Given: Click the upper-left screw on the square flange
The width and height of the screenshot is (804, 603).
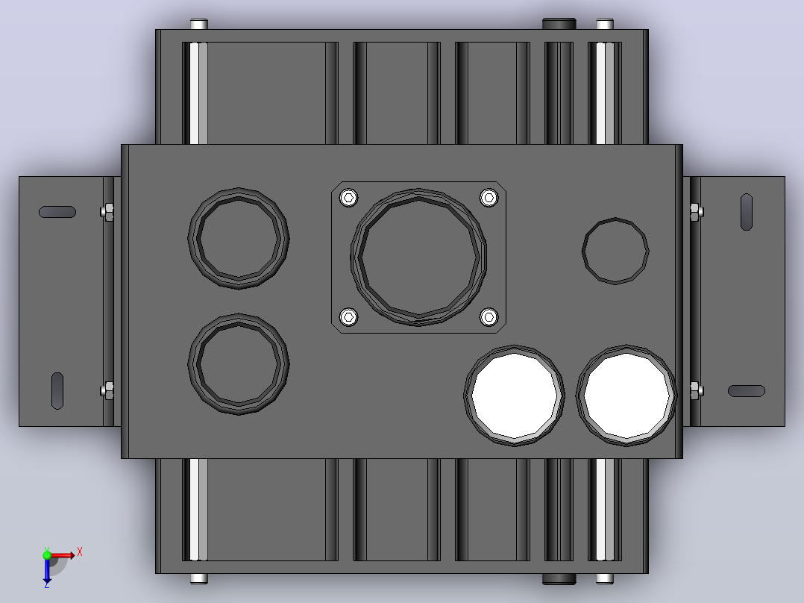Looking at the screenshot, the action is [x=349, y=198].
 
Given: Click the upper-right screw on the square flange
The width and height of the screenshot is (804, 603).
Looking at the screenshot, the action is [x=489, y=198].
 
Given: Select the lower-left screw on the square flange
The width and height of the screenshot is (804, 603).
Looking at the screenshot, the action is [x=349, y=316].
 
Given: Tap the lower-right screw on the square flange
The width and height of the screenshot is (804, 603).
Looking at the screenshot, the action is [x=489, y=316].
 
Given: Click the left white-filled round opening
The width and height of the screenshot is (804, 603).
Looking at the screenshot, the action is [x=515, y=396].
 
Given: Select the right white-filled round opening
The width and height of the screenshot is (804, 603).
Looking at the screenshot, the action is [x=626, y=396].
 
